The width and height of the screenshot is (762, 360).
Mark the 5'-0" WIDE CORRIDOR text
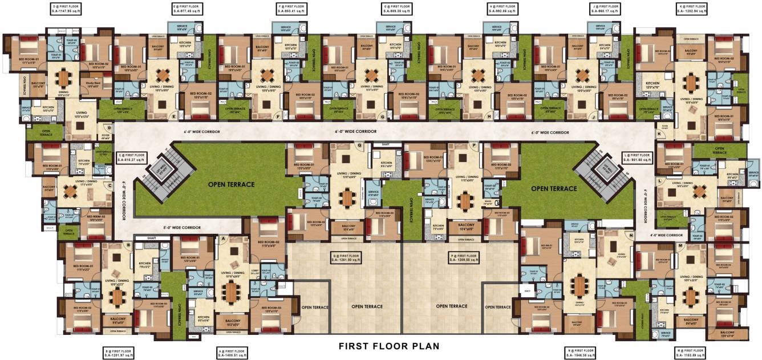click(181, 228)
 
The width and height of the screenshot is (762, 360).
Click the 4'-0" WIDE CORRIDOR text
click(666, 234)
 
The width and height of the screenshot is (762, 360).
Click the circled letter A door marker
click(223, 238)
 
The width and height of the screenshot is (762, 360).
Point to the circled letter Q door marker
click(359, 145)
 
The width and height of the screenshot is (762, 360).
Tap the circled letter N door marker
click(631, 235)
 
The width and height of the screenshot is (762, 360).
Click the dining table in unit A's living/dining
click(231, 292)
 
